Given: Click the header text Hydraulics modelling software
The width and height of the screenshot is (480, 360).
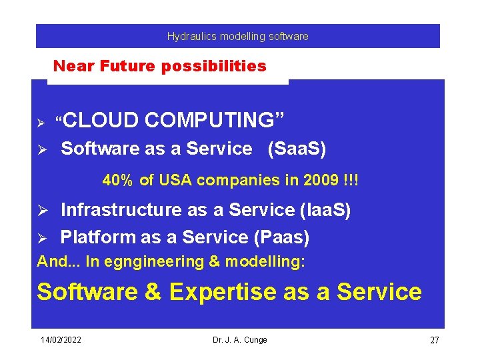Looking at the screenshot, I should point(237,37).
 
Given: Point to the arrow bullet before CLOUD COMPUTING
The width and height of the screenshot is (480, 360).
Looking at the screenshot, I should point(40,122).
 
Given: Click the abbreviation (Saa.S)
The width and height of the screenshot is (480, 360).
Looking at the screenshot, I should point(297,149).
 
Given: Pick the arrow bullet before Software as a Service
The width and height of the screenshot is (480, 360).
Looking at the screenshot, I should point(40,150).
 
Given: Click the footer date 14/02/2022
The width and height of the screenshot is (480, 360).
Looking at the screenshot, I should point(61,340).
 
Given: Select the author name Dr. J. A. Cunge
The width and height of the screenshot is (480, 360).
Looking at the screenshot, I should point(239,340).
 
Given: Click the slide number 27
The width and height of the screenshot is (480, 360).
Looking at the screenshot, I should point(434,341).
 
